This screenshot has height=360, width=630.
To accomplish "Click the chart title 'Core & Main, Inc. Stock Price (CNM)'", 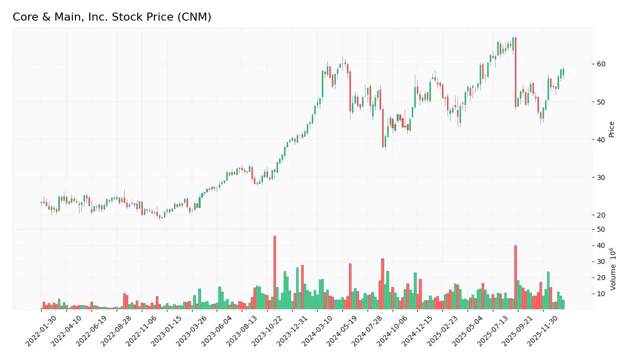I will [x=112, y=17].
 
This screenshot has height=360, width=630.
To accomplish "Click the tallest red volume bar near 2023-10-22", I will [x=275, y=272].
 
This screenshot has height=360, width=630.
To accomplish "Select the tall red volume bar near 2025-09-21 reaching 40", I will [x=515, y=277].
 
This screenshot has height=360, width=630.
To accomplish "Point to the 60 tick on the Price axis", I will [x=601, y=64].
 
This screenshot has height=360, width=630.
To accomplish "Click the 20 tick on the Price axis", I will [x=601, y=215].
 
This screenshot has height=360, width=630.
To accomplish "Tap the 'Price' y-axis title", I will [x=612, y=129].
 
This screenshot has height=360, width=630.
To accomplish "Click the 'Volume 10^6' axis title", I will [x=613, y=269].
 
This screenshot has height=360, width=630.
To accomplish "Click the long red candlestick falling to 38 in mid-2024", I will [x=383, y=128].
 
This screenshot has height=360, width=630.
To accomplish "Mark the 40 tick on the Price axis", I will [x=601, y=140].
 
